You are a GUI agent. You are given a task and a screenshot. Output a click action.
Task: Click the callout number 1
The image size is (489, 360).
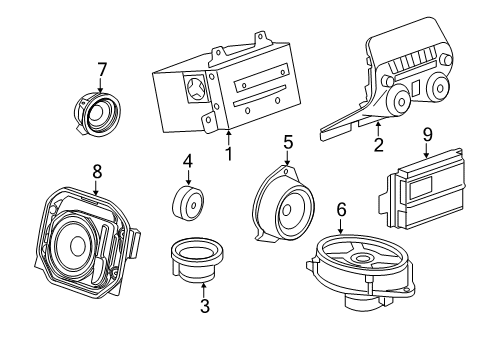tap(228, 154)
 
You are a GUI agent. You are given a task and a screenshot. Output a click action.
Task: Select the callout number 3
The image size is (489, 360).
tap(205, 307)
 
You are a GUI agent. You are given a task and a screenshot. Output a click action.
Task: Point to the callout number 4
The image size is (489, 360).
tap(187, 160)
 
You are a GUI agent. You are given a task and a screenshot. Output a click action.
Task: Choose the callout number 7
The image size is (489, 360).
tap(101, 69)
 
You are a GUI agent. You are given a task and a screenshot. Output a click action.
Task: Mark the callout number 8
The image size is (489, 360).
tap(96, 171)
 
